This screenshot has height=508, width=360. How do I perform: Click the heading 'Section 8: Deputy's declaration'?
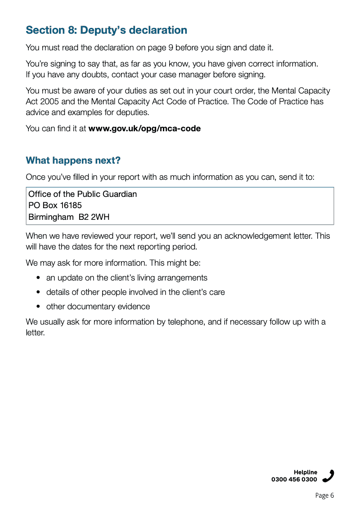coord(106,30)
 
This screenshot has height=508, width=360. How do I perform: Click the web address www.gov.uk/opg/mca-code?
coord(144,129)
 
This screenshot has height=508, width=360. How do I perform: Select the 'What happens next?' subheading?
coord(73,160)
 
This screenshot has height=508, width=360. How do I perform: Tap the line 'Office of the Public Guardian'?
coord(82,194)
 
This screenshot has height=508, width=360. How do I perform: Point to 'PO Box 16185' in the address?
coord(55,206)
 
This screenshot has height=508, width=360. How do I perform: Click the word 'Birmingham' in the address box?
coord(48,218)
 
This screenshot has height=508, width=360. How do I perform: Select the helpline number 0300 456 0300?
coord(294,480)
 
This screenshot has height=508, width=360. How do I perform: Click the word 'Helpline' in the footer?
coord(306,472)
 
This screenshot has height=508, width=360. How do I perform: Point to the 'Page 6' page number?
coord(324,495)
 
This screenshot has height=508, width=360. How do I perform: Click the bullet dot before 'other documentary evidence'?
coord(39,307)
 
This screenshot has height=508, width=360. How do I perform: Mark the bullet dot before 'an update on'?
coord(39,278)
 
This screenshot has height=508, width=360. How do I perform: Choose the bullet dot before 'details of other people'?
coord(39,293)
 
